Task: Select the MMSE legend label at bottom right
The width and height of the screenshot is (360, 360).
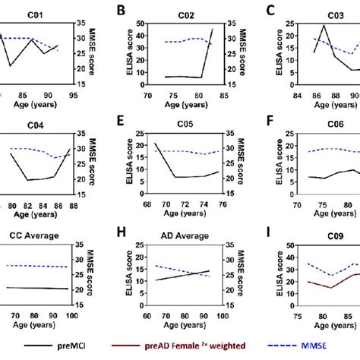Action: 333,347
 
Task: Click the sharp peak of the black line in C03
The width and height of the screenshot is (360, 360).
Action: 324,26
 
